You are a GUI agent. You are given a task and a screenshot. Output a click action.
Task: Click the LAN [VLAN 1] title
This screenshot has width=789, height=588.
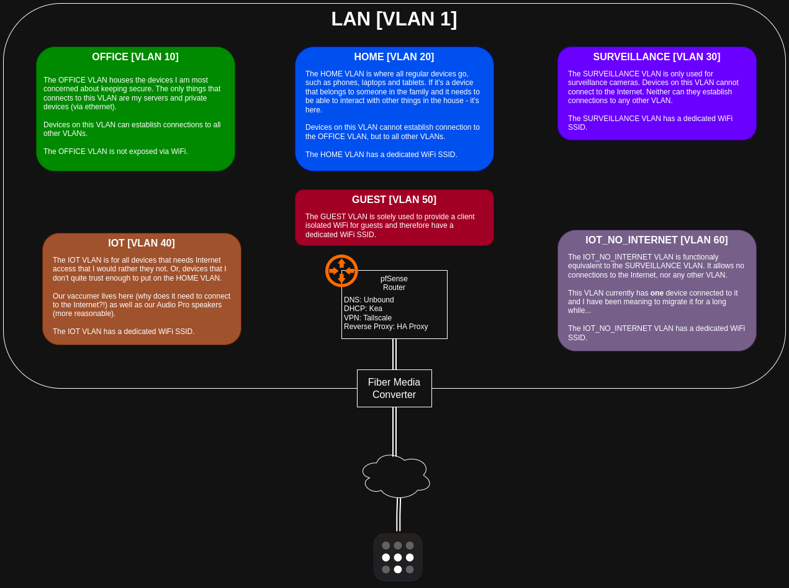click(x=394, y=19)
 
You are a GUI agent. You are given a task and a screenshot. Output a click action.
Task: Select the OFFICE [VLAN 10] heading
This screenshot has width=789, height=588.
click(x=135, y=57)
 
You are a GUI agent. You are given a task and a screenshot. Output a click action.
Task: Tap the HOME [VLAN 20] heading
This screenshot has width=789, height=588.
click(x=394, y=57)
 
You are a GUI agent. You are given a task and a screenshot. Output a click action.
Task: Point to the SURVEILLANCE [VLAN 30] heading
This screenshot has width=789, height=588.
click(x=657, y=57)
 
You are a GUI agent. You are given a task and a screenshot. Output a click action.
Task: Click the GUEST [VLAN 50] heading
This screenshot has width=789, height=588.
click(x=394, y=200)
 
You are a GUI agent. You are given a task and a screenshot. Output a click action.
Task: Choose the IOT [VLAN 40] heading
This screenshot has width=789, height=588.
click(x=142, y=243)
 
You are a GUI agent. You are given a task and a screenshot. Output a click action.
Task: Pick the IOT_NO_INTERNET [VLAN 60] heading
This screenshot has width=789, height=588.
click(x=657, y=240)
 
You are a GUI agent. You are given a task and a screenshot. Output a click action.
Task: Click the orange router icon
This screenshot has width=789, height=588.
click(x=341, y=271)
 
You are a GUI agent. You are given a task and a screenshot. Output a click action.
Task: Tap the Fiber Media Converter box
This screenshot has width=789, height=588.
click(x=394, y=389)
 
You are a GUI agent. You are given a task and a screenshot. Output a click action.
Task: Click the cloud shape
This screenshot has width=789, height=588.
click(x=396, y=476)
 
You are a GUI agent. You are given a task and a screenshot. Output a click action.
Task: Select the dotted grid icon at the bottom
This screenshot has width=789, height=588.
click(x=398, y=558)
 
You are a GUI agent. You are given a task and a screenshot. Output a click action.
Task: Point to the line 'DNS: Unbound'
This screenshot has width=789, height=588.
click(x=369, y=300)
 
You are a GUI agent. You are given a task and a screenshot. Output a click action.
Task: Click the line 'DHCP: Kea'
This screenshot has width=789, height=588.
click(x=363, y=309)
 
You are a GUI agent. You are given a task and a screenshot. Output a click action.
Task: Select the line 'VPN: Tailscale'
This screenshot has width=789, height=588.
click(x=368, y=318)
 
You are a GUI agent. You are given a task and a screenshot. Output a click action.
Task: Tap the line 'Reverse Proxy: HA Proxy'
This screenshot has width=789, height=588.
click(x=386, y=327)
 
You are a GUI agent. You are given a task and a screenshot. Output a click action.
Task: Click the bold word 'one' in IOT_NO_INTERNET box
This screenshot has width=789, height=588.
click(x=657, y=293)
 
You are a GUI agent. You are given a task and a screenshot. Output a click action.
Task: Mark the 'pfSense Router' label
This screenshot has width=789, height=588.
click(x=394, y=283)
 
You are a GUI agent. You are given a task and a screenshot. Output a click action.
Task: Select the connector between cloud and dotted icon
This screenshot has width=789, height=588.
click(x=399, y=515)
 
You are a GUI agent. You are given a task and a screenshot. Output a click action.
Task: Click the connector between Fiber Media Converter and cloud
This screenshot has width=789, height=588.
click(x=394, y=432)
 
